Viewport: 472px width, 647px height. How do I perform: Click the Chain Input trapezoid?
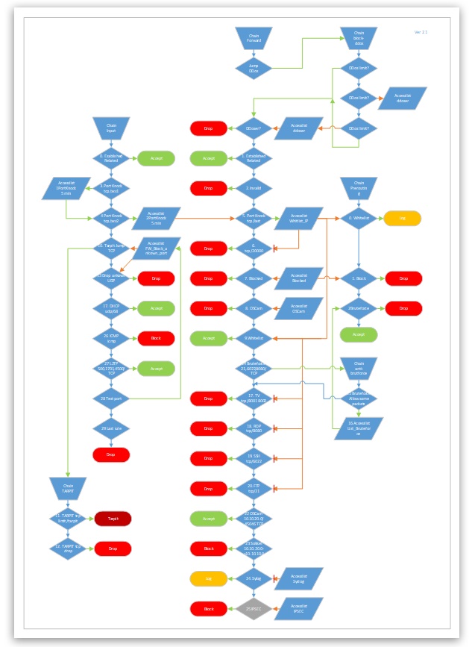coord(111,128)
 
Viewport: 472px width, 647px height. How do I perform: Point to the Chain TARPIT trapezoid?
coord(67,488)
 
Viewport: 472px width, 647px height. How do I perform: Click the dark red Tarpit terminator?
coord(113,518)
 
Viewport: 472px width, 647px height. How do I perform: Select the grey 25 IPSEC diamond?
coord(254,608)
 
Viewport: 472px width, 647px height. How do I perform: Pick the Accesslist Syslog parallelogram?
coord(299,578)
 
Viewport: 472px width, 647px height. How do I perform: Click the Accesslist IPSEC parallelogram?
coord(299,608)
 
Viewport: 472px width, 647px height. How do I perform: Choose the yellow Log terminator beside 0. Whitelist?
coord(403,218)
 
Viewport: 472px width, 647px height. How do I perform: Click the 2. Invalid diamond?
coord(254,188)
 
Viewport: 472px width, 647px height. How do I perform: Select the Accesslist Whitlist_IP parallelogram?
coord(299,218)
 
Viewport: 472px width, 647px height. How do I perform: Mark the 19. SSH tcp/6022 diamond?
coord(254,457)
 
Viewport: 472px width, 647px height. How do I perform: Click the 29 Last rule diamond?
coord(111,428)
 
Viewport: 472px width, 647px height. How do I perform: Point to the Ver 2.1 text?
coord(421,32)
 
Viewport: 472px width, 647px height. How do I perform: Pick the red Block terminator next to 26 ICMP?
coord(156,338)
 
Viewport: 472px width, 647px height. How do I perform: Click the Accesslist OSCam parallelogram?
coord(299,308)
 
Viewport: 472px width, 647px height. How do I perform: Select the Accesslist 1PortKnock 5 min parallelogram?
coord(67,188)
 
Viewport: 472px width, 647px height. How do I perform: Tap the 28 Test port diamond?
coord(111,398)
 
